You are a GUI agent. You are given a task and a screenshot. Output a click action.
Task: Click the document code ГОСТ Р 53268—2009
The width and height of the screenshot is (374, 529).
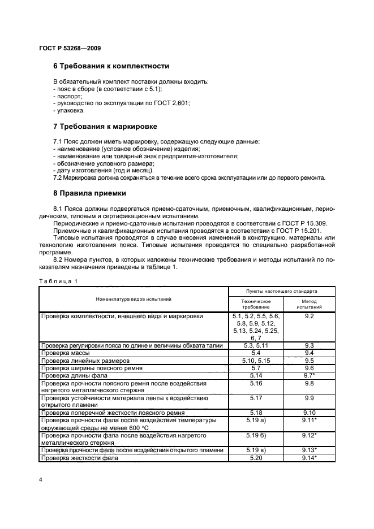pos(70,49)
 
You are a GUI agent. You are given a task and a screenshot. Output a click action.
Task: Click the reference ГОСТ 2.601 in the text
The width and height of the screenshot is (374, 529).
pos(172,103)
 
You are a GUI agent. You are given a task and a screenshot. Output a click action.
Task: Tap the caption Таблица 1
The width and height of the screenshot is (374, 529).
pos(58,281)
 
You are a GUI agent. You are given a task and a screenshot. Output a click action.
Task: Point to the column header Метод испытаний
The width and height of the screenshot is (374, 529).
pos(309,305)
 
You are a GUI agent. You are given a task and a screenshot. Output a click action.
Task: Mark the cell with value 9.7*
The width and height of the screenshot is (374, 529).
pos(309,375)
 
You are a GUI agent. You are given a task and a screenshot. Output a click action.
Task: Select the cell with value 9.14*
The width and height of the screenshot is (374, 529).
pos(309,458)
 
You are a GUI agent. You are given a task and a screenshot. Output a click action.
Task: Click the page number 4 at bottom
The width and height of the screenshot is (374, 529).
pos(41,480)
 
